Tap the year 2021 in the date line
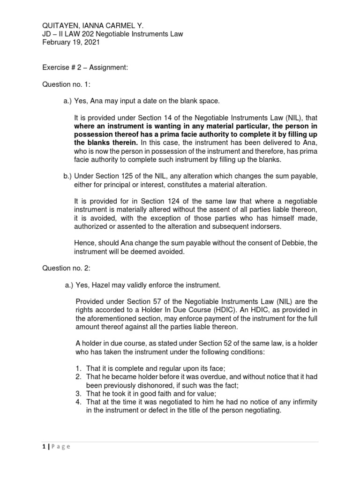click(90, 43)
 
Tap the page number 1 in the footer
click(44, 447)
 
